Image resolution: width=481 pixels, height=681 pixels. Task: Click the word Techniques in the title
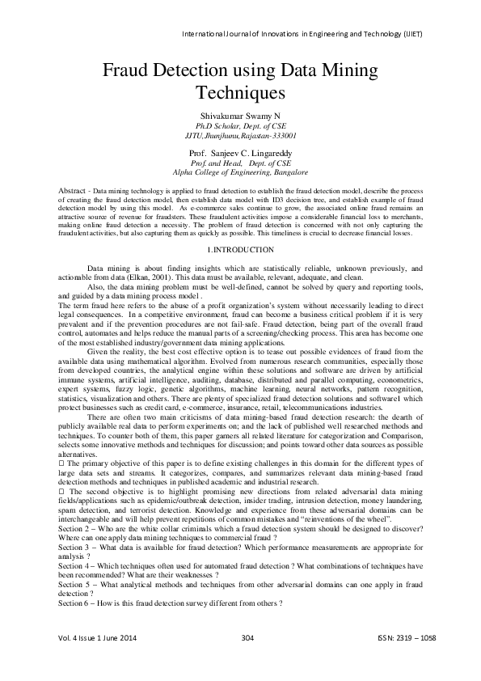click(x=240, y=94)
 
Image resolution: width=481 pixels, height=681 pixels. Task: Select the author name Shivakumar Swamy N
click(x=240, y=116)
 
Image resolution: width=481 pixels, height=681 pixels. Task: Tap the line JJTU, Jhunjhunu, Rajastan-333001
click(x=240, y=137)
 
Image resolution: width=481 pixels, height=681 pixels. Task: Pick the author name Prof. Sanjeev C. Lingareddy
click(x=240, y=152)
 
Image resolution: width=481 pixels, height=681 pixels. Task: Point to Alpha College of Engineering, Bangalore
click(x=240, y=172)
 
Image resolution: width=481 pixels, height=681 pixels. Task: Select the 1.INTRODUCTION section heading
click(x=240, y=227)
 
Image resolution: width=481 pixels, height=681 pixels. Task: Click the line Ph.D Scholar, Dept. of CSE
click(x=240, y=127)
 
